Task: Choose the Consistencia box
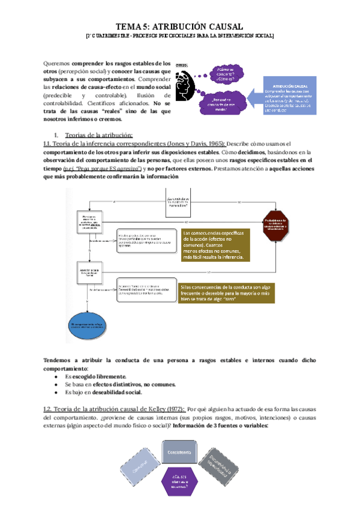coord(179,452)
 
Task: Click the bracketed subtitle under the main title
coord(179,37)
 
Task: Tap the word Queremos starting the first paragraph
coord(58,63)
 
